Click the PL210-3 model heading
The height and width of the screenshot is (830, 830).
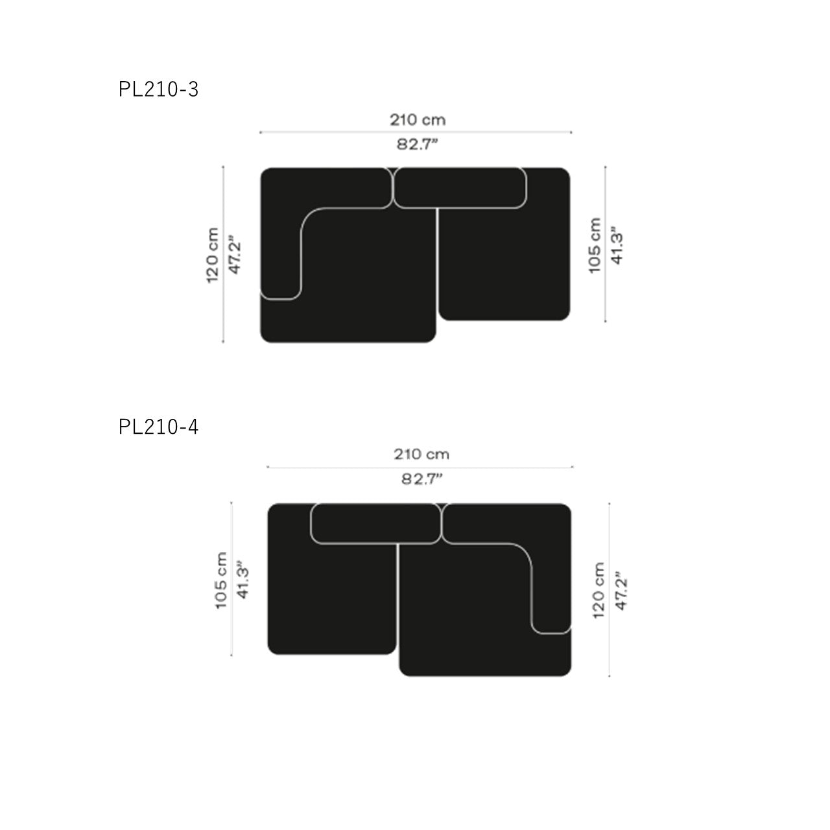158,89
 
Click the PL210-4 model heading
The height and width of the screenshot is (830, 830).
158,427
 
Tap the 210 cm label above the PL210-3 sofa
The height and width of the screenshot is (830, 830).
418,120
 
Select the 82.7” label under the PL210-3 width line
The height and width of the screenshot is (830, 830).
417,144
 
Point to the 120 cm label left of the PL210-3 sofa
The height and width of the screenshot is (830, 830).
212,255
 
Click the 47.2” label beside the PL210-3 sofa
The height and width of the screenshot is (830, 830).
235,254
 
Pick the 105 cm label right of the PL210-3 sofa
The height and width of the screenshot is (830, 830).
595,245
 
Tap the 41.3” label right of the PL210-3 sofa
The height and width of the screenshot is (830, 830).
617,246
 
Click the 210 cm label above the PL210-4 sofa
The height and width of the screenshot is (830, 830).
421,454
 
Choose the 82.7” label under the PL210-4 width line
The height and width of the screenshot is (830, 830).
421,479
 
